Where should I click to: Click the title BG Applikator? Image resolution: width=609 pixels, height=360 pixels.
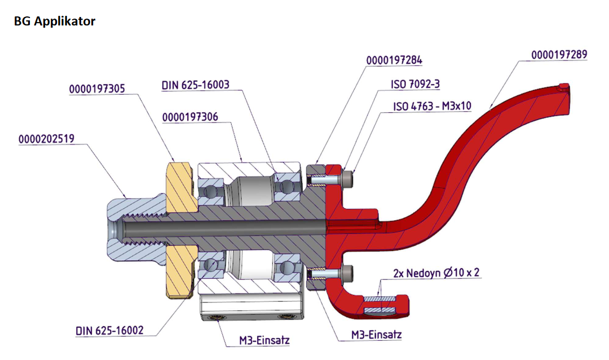pos(54,21)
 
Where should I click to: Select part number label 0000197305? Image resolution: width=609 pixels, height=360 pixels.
pos(96,89)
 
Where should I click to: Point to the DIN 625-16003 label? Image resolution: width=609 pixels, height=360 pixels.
pos(195,85)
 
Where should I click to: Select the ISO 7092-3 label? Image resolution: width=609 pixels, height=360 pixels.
pos(415,84)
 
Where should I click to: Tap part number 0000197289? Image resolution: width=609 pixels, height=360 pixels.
pos(559,55)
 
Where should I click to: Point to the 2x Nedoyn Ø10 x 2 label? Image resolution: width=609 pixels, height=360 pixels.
pos(437,273)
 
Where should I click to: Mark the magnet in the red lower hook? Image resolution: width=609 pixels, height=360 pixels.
pos(381,305)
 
